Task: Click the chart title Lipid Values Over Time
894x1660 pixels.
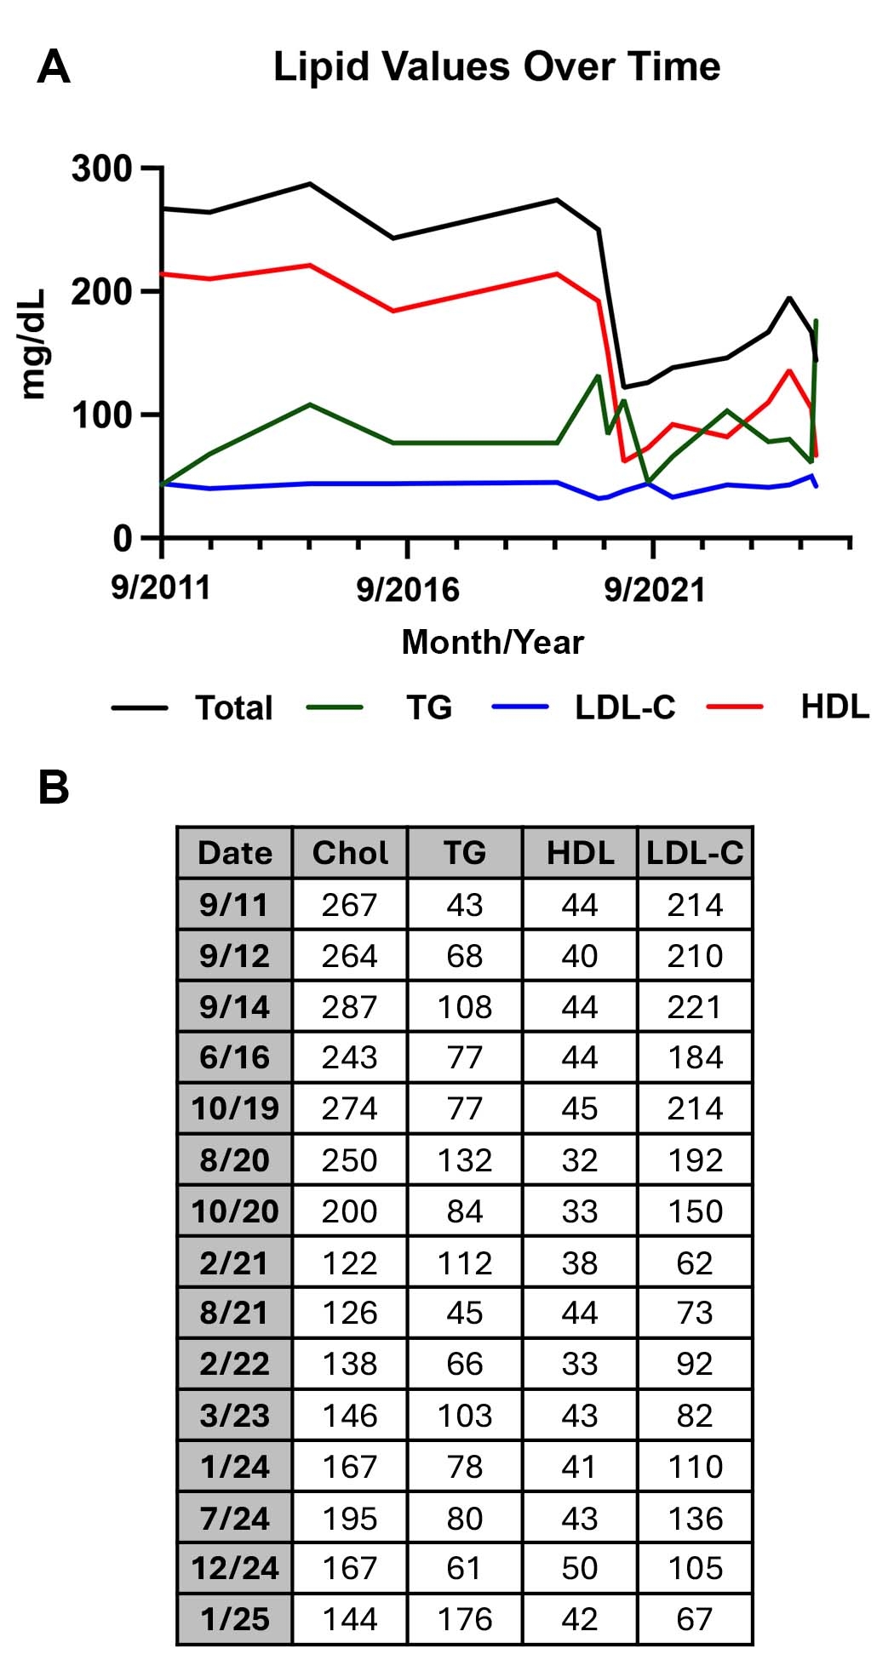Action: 496,66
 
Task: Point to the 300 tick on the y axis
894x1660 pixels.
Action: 102,169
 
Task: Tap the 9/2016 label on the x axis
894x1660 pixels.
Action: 408,589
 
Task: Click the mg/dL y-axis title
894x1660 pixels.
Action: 34,344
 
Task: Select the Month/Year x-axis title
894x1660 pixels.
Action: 492,642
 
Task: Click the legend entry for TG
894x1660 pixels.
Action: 428,707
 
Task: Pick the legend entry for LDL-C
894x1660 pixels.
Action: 624,707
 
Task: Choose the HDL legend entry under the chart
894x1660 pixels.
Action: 834,707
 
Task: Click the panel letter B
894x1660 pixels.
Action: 54,787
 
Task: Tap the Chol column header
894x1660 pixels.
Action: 350,853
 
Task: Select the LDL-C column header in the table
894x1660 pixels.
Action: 695,853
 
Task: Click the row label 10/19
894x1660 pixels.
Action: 235,1108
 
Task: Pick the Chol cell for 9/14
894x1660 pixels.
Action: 349,1007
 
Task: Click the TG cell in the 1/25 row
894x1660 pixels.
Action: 465,1619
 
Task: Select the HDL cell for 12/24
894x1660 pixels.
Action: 580,1568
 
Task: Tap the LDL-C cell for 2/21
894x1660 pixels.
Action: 695,1262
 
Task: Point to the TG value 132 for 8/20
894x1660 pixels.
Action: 465,1160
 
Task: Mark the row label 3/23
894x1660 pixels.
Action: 235,1416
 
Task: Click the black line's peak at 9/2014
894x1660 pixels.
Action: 310,184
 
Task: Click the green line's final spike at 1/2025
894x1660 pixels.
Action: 817,321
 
